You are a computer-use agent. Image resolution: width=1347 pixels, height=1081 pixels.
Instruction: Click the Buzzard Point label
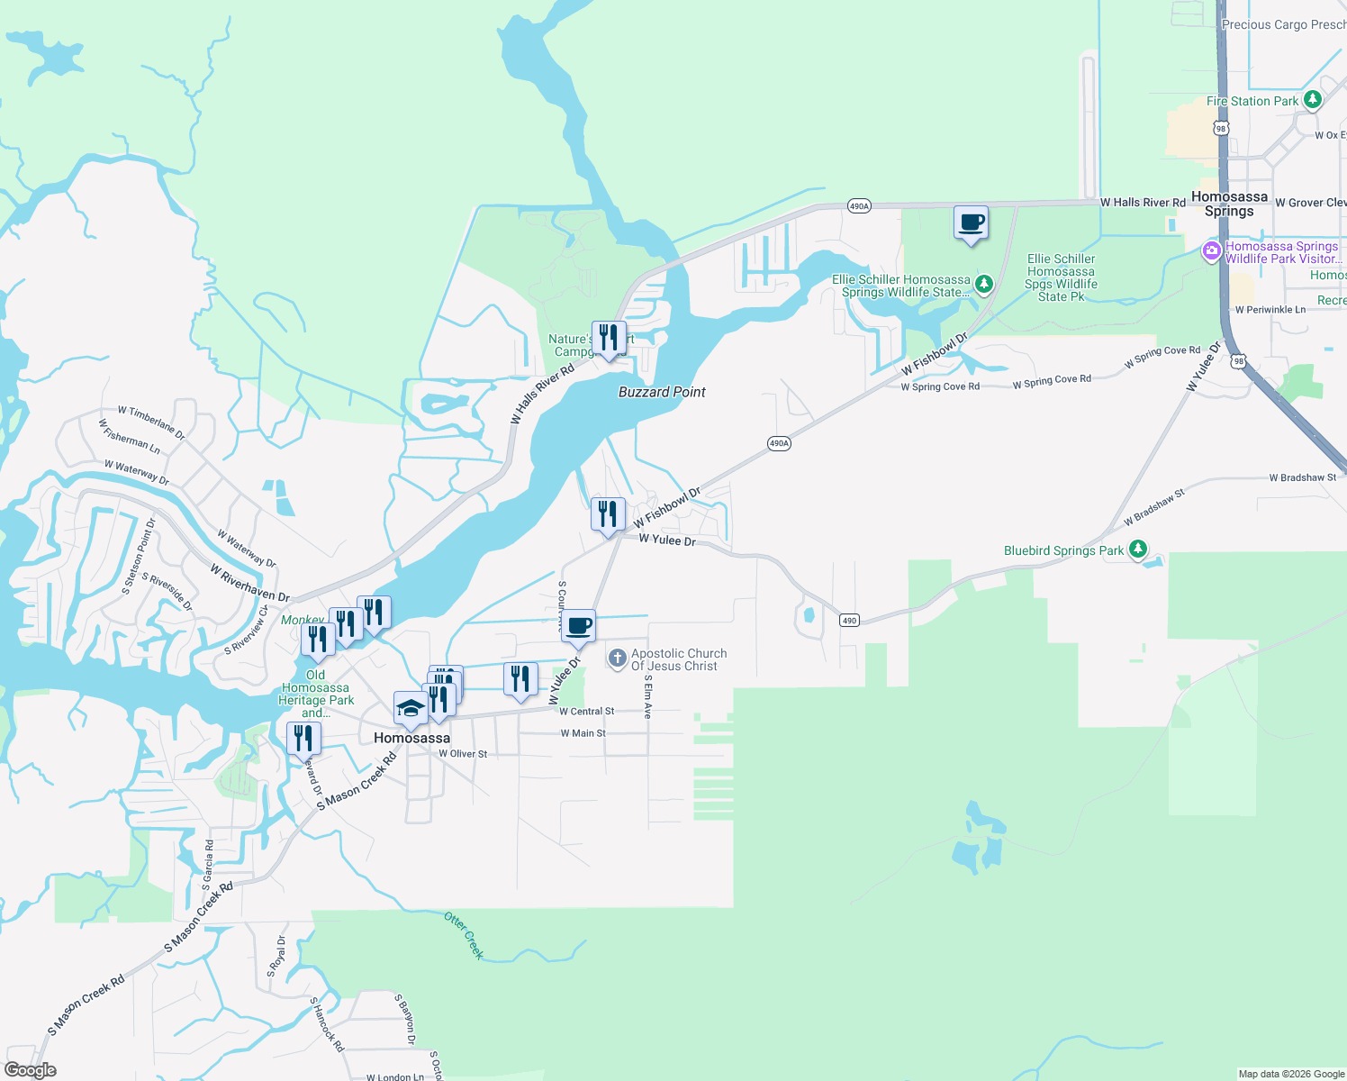[x=662, y=392]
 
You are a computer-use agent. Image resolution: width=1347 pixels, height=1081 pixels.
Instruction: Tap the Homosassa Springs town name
[x=1229, y=204]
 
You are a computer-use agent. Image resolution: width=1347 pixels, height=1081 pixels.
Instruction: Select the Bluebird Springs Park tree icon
[x=1138, y=549]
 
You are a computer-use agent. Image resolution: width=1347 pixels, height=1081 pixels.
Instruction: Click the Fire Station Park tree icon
[x=1313, y=100]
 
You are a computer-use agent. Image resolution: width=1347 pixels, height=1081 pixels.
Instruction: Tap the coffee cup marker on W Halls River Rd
[x=971, y=223]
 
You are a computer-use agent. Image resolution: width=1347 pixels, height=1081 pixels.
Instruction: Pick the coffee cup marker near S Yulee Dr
[x=578, y=626]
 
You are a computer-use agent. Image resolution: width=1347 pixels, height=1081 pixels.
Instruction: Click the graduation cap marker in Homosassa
[x=411, y=709]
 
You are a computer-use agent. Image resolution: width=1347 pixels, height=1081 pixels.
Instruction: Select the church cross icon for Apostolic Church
[x=617, y=659]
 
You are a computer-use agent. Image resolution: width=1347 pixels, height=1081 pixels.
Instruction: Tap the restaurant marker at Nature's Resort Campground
[x=609, y=338]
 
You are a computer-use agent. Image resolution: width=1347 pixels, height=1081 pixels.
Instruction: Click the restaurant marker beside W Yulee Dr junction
[x=608, y=514]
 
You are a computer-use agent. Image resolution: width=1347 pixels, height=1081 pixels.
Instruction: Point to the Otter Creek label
[x=465, y=935]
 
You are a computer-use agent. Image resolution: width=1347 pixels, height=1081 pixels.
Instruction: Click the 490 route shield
[x=849, y=620]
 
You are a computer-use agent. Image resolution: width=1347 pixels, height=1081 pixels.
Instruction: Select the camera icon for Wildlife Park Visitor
[x=1212, y=251]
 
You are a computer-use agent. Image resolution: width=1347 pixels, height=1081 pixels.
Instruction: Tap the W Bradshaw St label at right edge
[x=1302, y=477]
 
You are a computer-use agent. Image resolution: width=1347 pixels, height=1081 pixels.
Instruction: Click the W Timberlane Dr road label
[x=151, y=422]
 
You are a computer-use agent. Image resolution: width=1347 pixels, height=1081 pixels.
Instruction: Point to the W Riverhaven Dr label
[x=249, y=584]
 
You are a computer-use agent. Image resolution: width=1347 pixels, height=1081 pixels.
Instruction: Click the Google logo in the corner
[x=30, y=1070]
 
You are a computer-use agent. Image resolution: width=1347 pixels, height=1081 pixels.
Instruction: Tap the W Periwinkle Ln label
[x=1270, y=310]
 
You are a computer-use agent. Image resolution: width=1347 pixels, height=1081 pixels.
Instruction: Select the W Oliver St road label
[x=463, y=754]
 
